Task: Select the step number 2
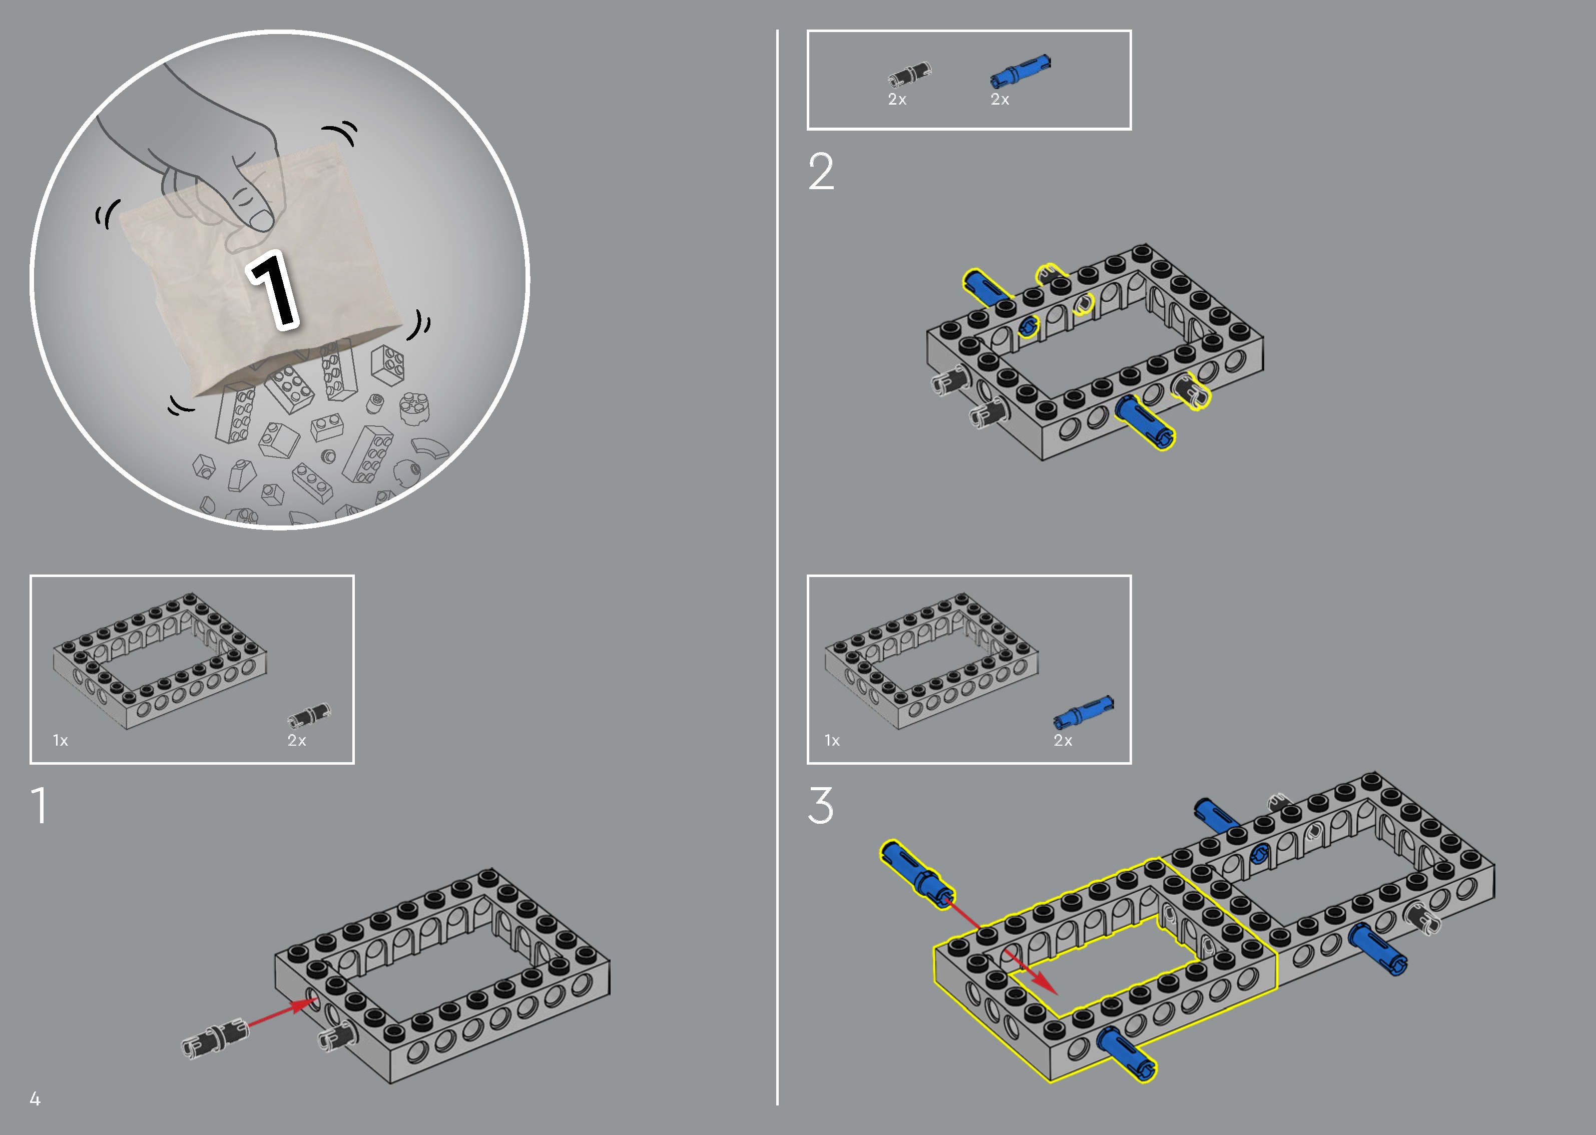(821, 172)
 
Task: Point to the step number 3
(821, 805)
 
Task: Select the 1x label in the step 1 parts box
(61, 740)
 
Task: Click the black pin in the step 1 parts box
(309, 716)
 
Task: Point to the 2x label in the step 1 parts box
(297, 740)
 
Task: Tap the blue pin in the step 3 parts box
(1083, 712)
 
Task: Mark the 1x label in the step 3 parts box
(832, 740)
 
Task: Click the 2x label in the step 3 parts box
(1063, 740)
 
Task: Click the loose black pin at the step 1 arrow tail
(215, 1037)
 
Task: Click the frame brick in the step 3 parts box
(931, 661)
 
